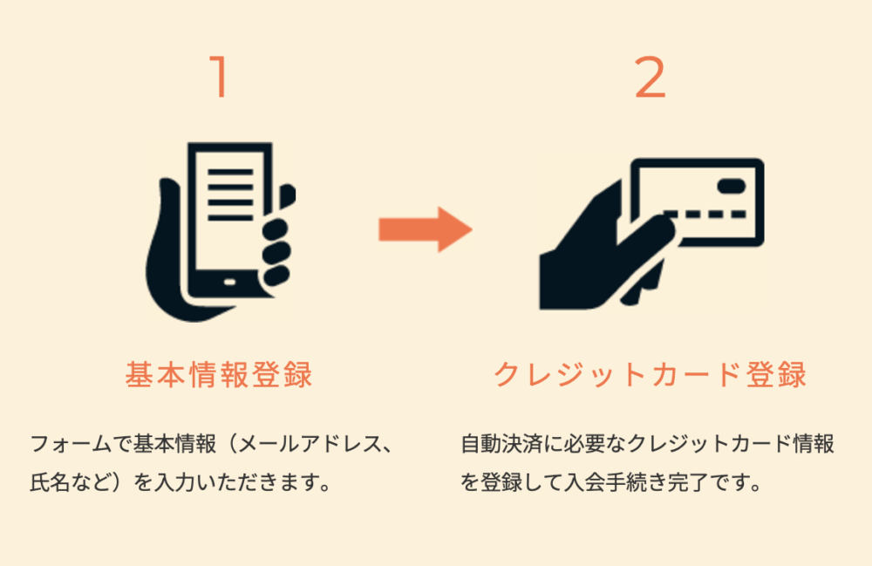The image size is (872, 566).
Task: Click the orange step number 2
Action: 650,78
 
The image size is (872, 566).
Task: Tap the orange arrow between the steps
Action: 425,229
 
